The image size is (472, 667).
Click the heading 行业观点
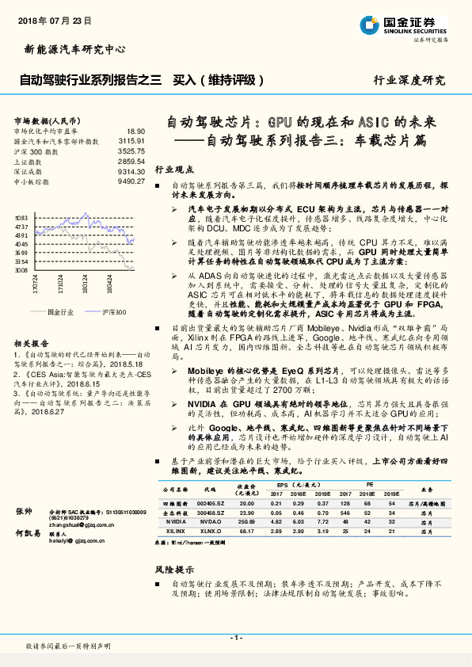(x=173, y=170)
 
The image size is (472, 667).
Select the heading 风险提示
(x=173, y=569)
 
